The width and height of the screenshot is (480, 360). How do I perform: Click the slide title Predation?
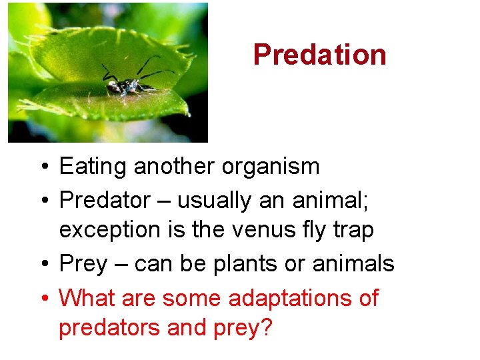coord(319,55)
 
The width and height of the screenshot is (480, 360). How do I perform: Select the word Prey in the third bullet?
coord(83,264)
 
